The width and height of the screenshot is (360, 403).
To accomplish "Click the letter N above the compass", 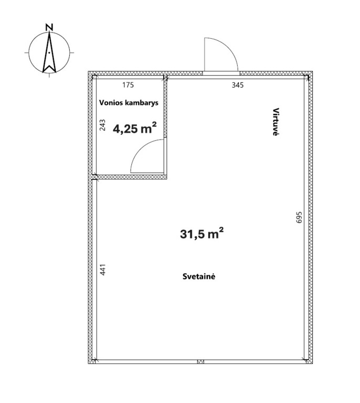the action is click(49, 27).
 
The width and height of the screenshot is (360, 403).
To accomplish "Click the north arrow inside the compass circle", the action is click(49, 52).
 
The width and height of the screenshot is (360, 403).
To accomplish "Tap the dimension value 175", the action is click(128, 85).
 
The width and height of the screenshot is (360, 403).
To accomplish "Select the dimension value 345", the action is click(237, 85).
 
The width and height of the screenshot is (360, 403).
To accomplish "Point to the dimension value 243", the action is click(102, 125).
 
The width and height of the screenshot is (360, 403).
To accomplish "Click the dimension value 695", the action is click(299, 217).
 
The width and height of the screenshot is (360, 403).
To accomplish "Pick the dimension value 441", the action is click(103, 270).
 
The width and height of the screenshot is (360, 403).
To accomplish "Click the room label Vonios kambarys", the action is click(129, 103).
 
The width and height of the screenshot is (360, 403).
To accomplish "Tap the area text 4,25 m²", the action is click(135, 128).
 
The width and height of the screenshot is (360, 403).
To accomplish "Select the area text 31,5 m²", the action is click(202, 234).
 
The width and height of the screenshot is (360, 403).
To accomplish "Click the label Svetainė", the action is click(199, 277).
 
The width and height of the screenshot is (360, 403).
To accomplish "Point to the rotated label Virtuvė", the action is click(276, 122).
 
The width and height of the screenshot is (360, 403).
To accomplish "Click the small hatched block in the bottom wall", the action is click(200, 362).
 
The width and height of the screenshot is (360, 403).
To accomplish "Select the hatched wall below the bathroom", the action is click(130, 177).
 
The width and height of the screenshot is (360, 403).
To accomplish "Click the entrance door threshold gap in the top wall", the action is click(221, 73).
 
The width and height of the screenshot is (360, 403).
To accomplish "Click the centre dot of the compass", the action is click(49, 52).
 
